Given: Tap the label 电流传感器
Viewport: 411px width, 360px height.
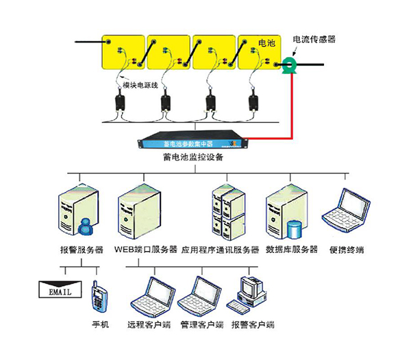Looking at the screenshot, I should coord(314,40).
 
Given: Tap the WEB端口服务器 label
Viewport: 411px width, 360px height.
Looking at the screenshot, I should coord(146,250).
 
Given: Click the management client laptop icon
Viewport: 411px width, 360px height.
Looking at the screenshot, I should coord(200,296).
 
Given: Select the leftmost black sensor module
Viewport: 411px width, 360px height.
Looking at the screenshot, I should coord(122,104).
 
